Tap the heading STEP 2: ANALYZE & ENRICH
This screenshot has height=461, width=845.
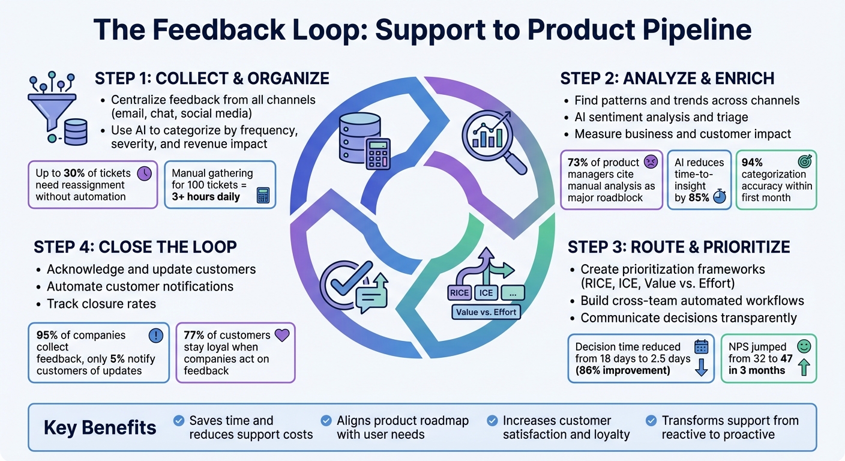pyautogui.click(x=667, y=79)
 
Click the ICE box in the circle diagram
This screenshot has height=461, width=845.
pyautogui.click(x=487, y=294)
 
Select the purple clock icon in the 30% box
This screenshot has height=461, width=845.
pyautogui.click(x=144, y=173)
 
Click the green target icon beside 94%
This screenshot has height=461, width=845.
pyautogui.click(x=803, y=162)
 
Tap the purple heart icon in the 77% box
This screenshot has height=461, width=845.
pyautogui.click(x=281, y=335)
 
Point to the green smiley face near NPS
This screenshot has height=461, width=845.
pyautogui.click(x=804, y=346)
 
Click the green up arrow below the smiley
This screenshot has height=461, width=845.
pyautogui.click(x=804, y=367)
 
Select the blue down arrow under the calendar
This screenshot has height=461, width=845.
pyautogui.click(x=701, y=367)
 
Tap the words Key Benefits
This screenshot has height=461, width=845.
pyautogui.click(x=100, y=427)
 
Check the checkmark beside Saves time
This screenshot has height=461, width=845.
pyautogui.click(x=178, y=420)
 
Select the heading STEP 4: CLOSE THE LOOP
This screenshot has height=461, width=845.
pyautogui.click(x=135, y=247)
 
